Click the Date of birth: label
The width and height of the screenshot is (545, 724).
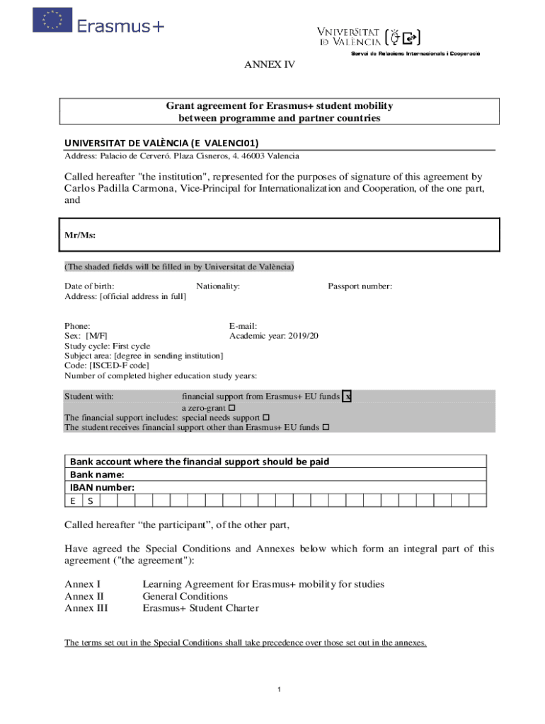tap(89, 286)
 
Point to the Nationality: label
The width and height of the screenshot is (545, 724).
tap(218, 286)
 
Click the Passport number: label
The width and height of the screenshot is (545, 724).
tap(360, 286)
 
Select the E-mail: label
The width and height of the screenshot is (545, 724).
tap(243, 325)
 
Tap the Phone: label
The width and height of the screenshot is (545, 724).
tap(77, 325)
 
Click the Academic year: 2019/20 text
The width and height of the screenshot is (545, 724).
tap(274, 336)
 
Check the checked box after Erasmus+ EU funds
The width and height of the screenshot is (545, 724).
tap(347, 397)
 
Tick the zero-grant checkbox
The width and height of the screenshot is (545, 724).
tap(232, 408)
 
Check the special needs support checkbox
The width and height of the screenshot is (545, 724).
tap(266, 418)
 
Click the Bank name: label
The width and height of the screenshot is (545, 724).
tap(97, 474)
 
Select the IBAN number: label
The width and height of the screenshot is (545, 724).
tap(102, 487)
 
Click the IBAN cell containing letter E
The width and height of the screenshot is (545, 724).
tap(73, 501)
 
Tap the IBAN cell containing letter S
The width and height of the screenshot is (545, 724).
tap(91, 501)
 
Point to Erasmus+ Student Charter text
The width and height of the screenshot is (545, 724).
tap(200, 608)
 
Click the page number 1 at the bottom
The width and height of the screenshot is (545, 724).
tap(280, 689)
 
